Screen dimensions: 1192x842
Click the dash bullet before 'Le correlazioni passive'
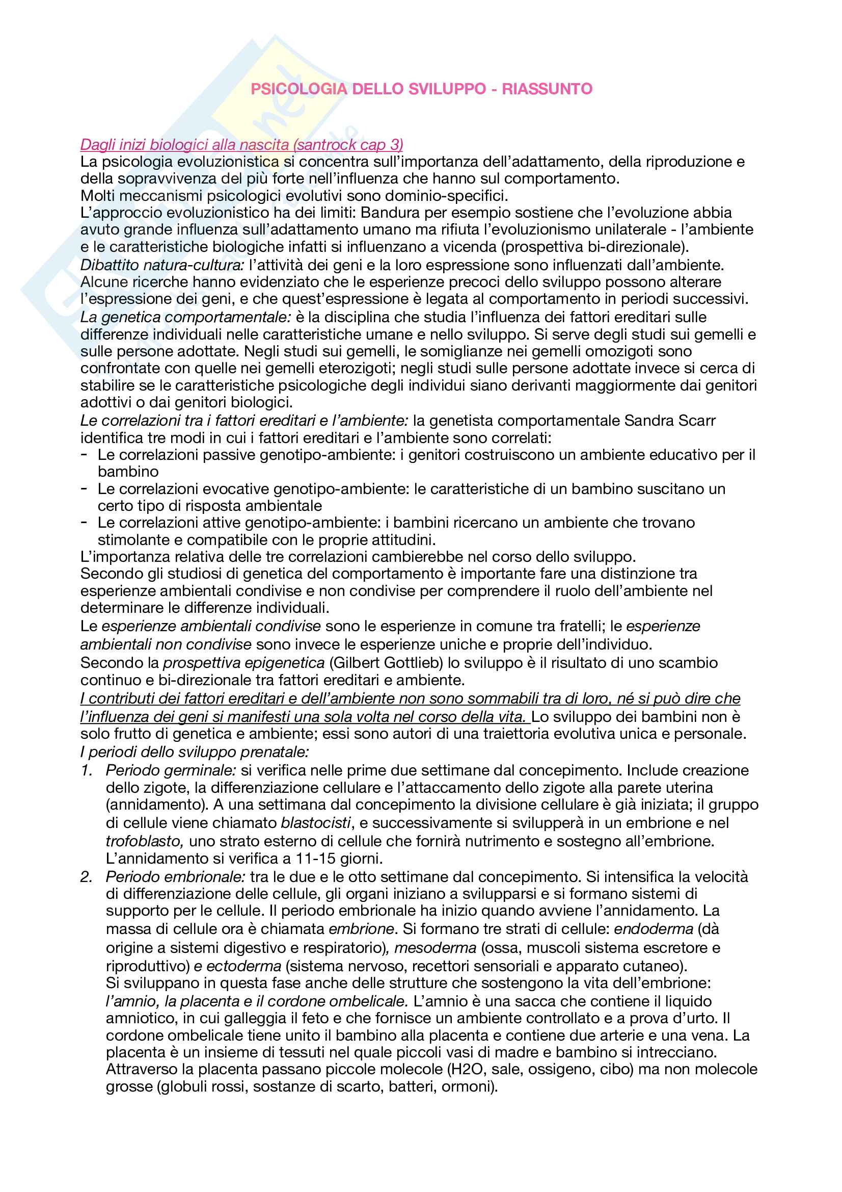(84, 454)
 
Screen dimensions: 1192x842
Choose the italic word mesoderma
(436, 948)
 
